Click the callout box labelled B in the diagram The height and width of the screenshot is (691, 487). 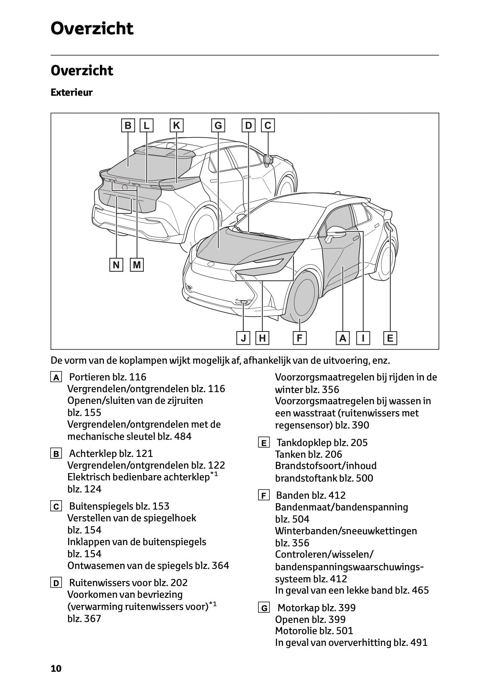click(128, 125)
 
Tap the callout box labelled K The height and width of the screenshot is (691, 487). click(176, 125)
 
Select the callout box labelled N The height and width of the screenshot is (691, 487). click(116, 265)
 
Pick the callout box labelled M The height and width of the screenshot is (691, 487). click(137, 265)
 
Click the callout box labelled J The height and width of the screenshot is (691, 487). click(243, 338)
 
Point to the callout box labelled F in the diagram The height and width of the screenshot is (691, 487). click(299, 338)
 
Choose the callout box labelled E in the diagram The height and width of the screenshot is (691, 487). click(390, 338)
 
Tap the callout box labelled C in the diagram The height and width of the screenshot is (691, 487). click(268, 125)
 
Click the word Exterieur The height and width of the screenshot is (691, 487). click(71, 92)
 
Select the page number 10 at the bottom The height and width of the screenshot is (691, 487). click(56, 668)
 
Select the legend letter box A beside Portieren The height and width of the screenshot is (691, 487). click(56, 377)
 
